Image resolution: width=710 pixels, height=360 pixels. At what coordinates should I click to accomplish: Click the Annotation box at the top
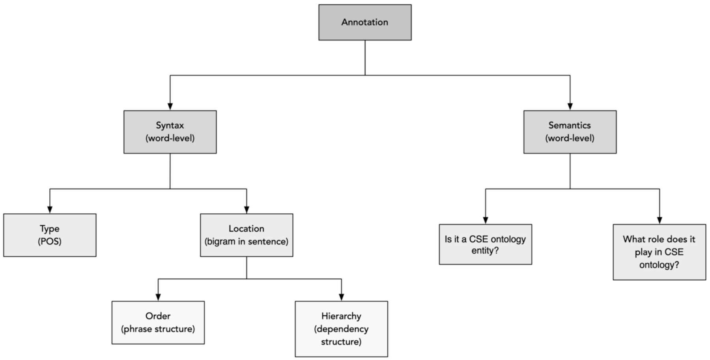pyautogui.click(x=364, y=22)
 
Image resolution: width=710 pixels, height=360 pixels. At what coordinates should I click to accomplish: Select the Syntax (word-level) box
pyautogui.click(x=170, y=132)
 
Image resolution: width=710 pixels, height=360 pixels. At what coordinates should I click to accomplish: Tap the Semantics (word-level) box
pyautogui.click(x=570, y=132)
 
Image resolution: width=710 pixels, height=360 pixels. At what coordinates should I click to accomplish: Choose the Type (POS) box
pyautogui.click(x=50, y=235)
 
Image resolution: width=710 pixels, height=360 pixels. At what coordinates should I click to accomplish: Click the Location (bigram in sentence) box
pyautogui.click(x=247, y=235)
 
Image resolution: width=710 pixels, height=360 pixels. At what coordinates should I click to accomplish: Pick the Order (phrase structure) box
pyautogui.click(x=158, y=323)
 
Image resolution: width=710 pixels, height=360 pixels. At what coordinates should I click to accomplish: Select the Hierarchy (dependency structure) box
pyautogui.click(x=341, y=329)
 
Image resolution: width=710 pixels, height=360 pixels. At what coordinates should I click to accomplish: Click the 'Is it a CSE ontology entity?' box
pyautogui.click(x=485, y=244)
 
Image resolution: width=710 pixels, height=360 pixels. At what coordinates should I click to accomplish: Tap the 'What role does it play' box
pyautogui.click(x=659, y=252)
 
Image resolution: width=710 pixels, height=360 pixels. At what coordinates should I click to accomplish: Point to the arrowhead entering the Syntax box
pyautogui.click(x=170, y=106)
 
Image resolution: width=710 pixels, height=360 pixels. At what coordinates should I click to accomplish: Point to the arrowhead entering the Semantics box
pyautogui.click(x=570, y=106)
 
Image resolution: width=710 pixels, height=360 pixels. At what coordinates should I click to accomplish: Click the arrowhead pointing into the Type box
pyautogui.click(x=50, y=210)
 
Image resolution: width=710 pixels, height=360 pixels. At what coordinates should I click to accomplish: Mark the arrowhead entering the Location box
pyautogui.click(x=247, y=210)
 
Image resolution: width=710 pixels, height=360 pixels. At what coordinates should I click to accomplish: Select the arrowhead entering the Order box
pyautogui.click(x=158, y=297)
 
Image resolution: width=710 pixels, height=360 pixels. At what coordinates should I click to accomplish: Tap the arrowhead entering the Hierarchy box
pyautogui.click(x=341, y=297)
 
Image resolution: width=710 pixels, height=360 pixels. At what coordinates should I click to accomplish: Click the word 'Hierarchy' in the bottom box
pyautogui.click(x=341, y=316)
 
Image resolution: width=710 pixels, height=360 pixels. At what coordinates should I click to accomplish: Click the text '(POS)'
pyautogui.click(x=50, y=241)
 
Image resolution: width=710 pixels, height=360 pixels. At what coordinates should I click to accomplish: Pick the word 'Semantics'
pyautogui.click(x=570, y=125)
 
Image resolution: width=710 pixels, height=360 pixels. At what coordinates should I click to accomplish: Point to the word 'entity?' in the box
pyautogui.click(x=485, y=251)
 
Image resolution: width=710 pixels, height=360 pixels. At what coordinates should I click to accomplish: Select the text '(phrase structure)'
pyautogui.click(x=158, y=329)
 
